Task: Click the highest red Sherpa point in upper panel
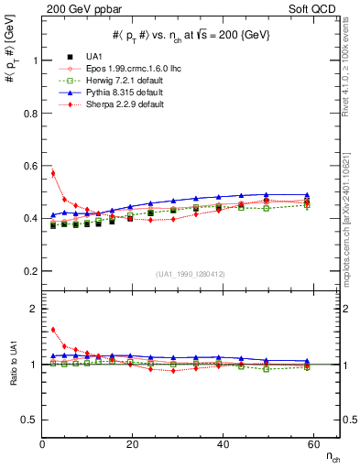[53, 173]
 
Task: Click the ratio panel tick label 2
[33, 310]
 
